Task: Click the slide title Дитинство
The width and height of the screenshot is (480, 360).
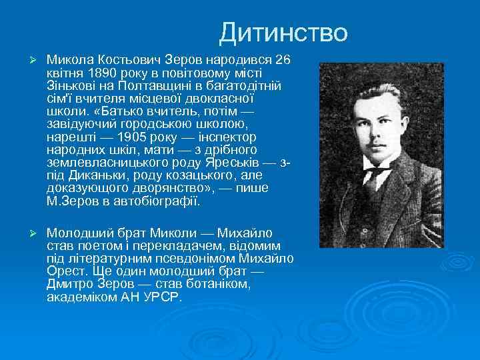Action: [283, 32]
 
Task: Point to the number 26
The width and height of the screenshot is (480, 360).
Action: [283, 60]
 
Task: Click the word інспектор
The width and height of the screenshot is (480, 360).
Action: [224, 136]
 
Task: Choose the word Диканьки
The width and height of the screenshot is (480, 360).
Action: [95, 175]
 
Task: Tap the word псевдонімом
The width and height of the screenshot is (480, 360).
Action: [183, 258]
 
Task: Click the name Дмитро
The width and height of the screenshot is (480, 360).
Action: [69, 284]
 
